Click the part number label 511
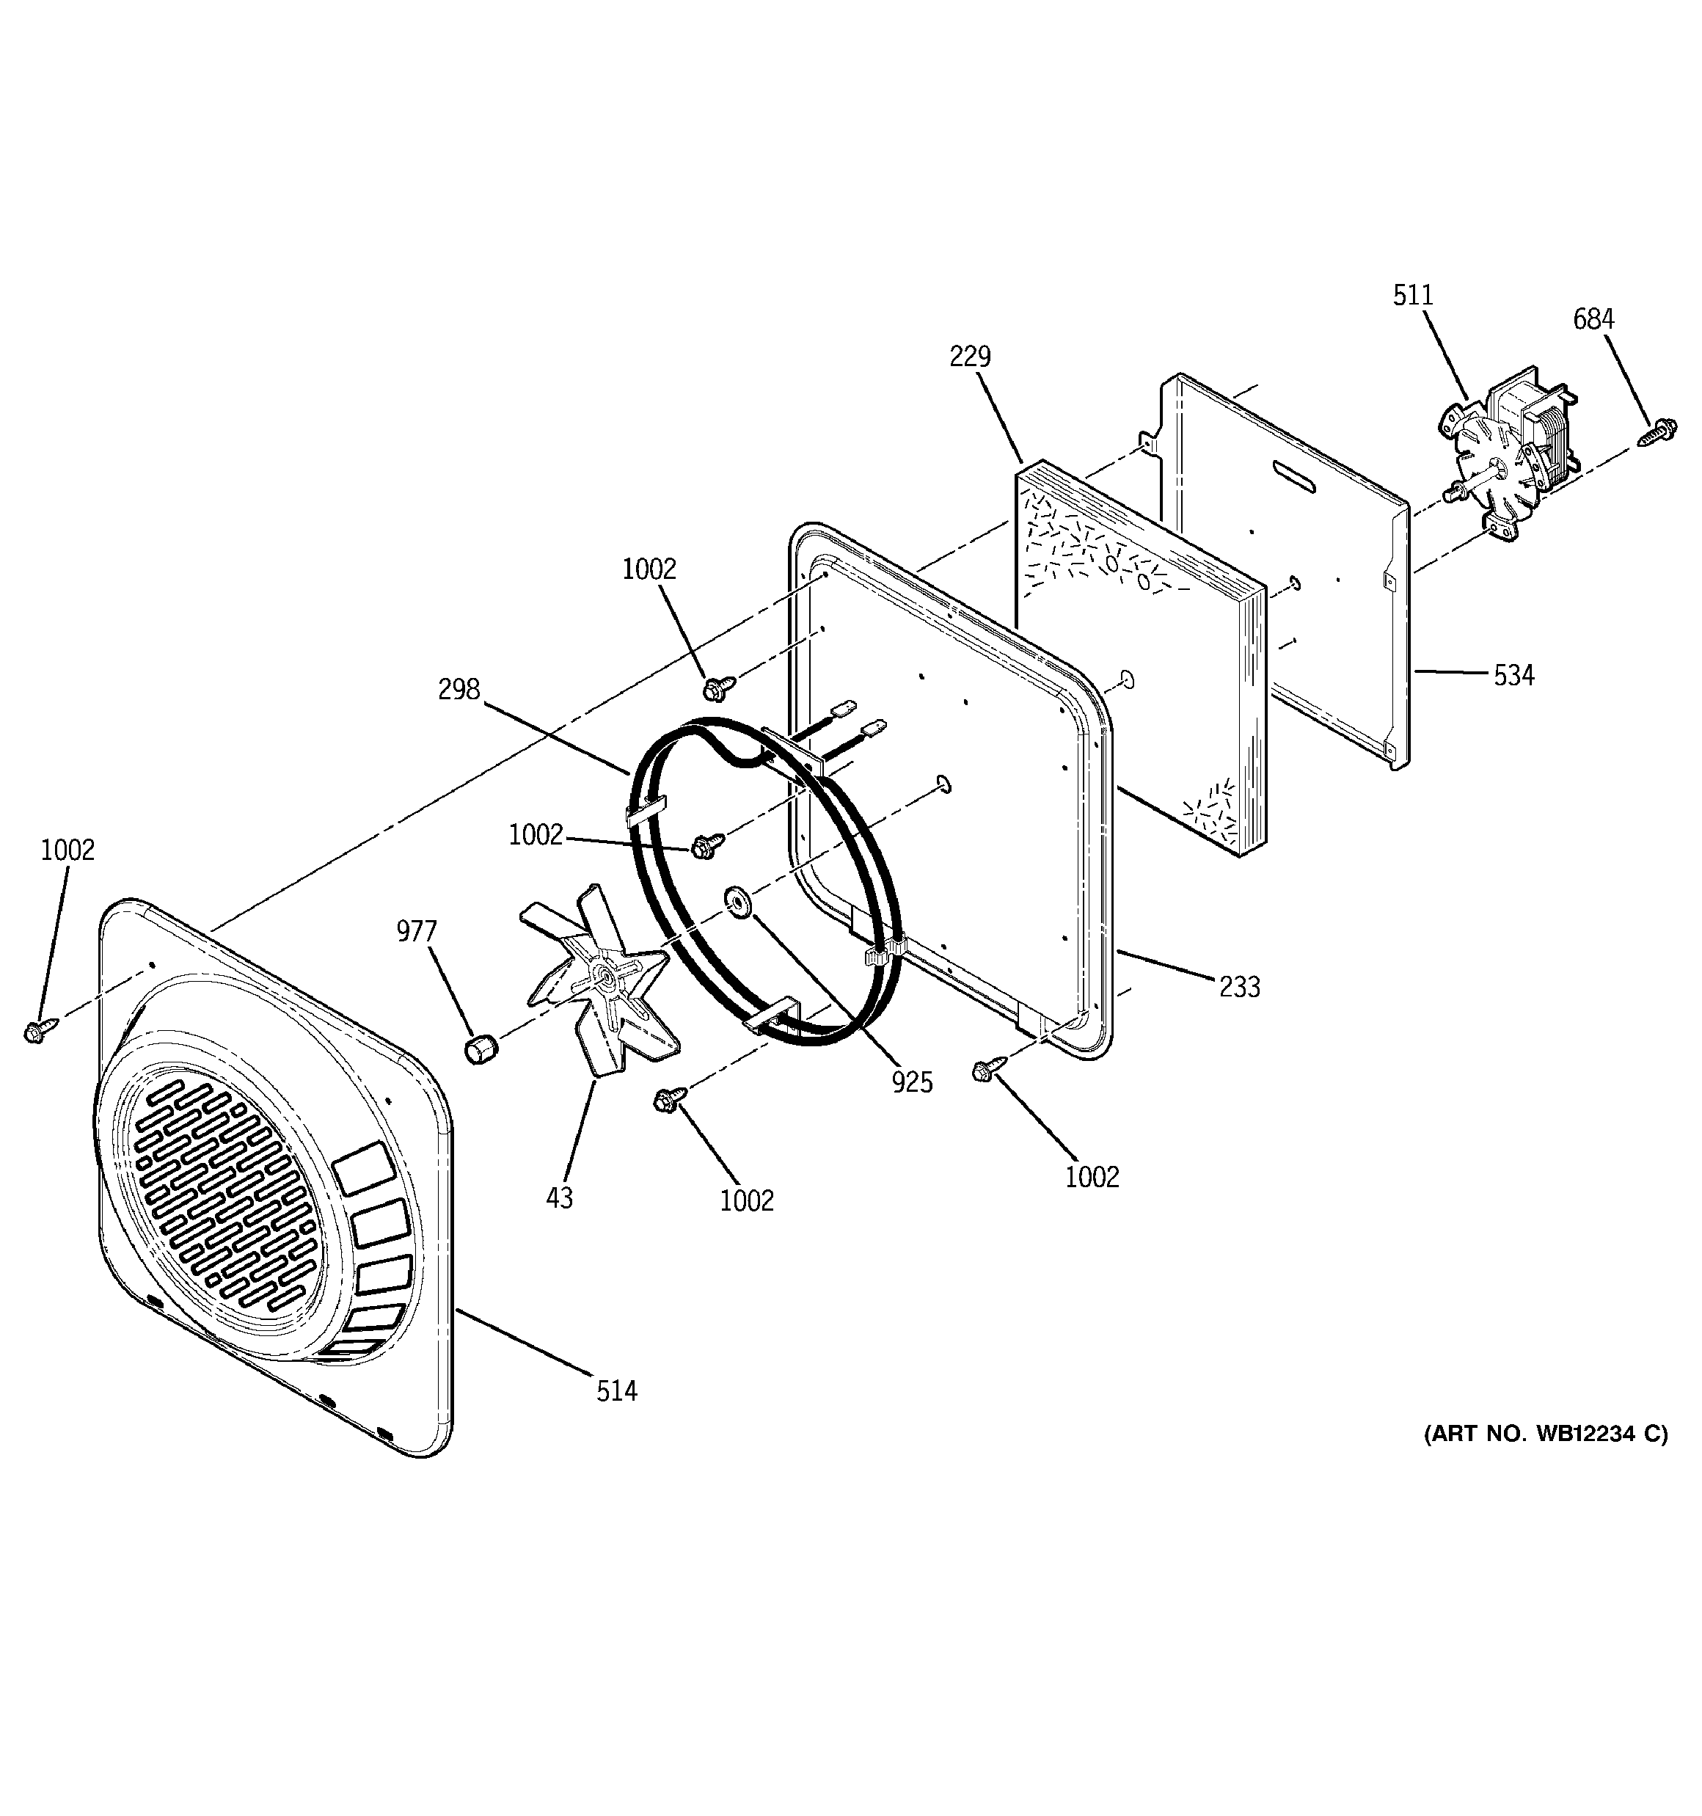1412,295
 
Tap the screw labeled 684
1655,432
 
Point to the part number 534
1513,675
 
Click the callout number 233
1239,987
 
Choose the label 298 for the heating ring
459,689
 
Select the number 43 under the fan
559,1197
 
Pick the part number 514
617,1391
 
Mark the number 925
912,1082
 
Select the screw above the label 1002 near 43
668,1100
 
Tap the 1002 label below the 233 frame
1092,1177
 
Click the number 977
417,932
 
